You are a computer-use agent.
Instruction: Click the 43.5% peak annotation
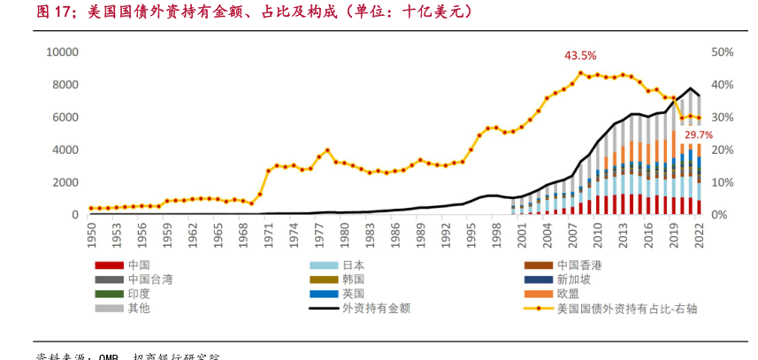(580, 56)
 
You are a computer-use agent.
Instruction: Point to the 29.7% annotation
(698, 134)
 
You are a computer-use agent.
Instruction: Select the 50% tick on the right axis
(722, 52)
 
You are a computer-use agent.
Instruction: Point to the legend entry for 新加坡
(574, 279)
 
